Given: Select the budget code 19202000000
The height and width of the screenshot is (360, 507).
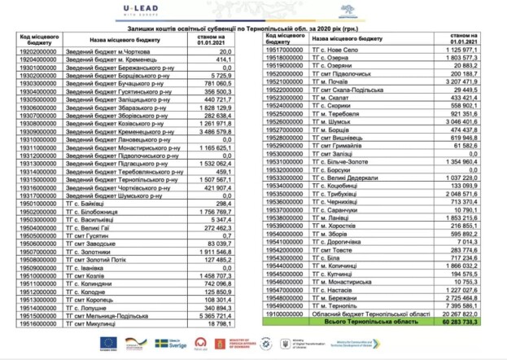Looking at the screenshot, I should pyautogui.click(x=40, y=51).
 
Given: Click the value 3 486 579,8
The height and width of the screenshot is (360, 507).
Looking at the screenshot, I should pyautogui.click(x=214, y=130).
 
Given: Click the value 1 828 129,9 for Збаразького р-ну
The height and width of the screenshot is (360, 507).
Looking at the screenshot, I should pyautogui.click(x=214, y=107).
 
